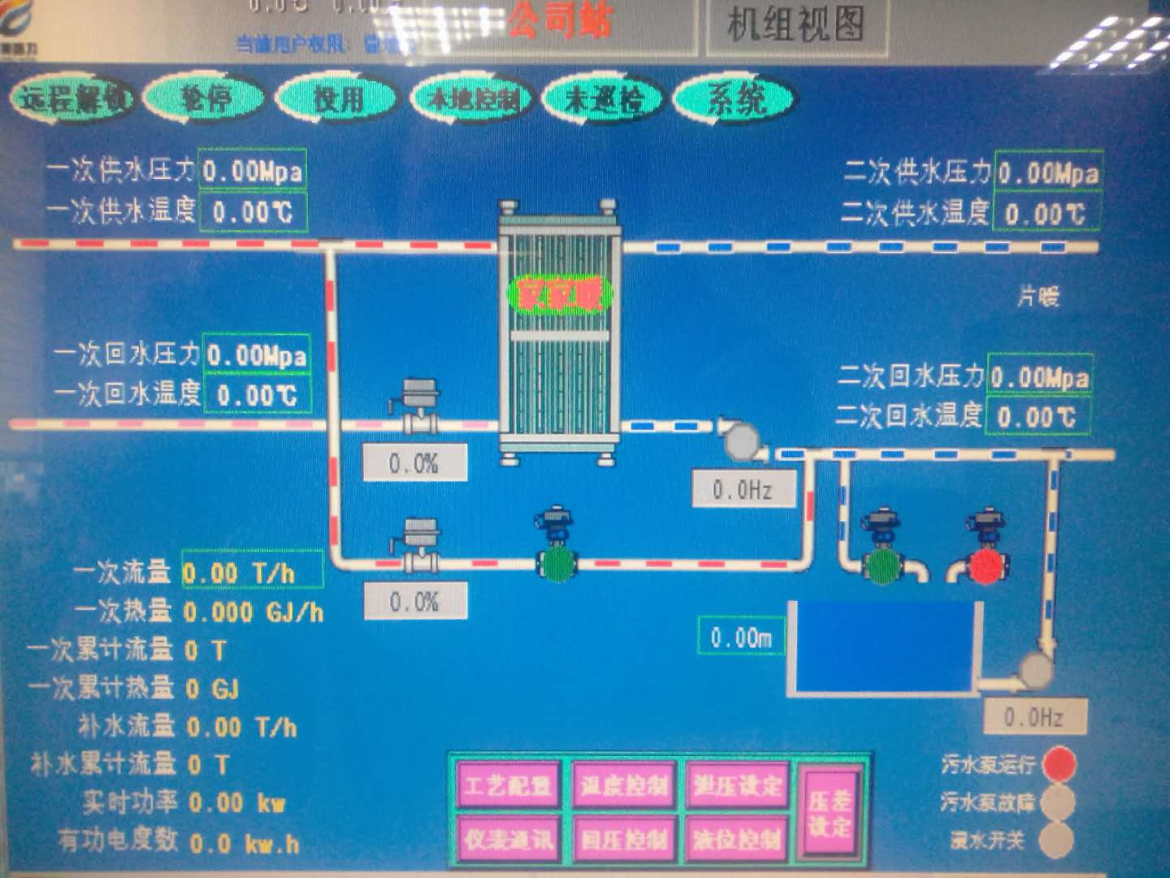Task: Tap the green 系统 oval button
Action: [735, 99]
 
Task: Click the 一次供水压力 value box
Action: [252, 171]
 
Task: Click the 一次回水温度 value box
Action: [257, 395]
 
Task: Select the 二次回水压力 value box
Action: [1040, 376]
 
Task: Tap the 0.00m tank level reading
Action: [741, 637]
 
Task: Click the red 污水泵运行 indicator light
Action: [1059, 763]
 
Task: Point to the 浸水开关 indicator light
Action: [1056, 840]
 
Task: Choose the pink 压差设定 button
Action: [829, 813]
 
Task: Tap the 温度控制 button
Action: [624, 785]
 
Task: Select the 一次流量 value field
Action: [250, 572]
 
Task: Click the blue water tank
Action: [884, 647]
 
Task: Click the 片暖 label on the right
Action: [1038, 297]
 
